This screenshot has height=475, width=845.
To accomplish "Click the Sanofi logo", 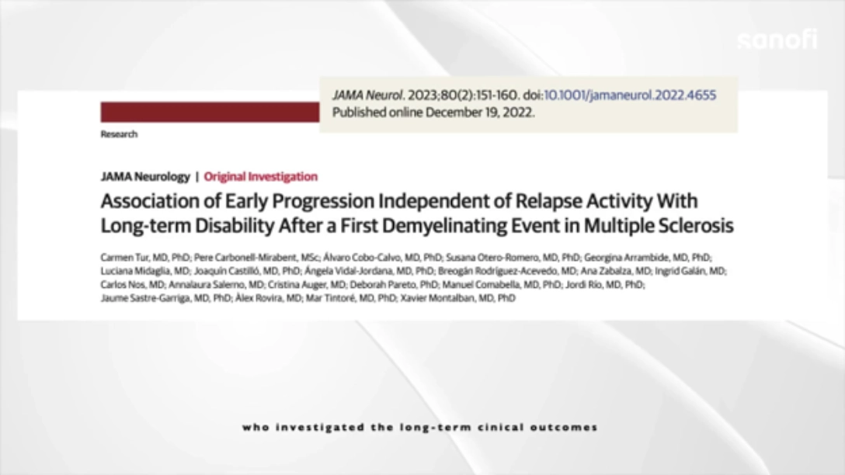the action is click(777, 40).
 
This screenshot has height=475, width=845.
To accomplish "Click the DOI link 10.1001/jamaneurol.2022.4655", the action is click(630, 95).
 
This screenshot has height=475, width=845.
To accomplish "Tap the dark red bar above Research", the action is click(210, 112).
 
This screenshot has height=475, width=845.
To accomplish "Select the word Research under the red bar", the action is click(119, 134).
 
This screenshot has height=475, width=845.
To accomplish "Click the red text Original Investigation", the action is click(261, 177).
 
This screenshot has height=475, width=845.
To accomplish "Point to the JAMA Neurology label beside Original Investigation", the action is click(145, 177).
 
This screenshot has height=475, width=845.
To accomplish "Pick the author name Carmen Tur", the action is click(124, 258).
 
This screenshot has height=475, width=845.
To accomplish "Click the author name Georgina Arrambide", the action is click(626, 258).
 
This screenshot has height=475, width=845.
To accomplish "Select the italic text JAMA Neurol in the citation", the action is click(367, 95).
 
